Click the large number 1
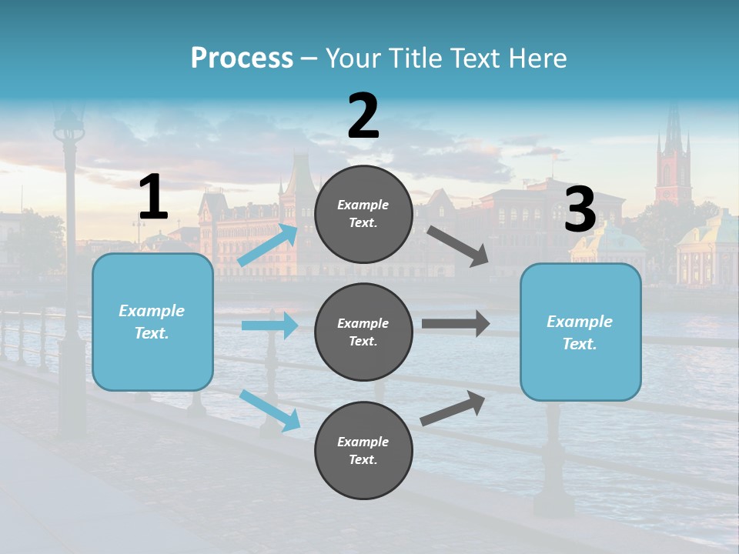coord(153,198)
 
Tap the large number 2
coord(363,116)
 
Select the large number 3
coord(580,210)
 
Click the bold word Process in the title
coord(242,58)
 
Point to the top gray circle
coord(363,214)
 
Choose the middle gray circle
coord(363,332)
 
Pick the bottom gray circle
coord(363,450)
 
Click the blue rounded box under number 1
coord(152,322)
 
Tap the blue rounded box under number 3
coord(580,332)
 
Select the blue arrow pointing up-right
coord(269,245)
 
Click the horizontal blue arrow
coord(269,325)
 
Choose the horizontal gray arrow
coord(455,324)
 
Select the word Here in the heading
coord(537,58)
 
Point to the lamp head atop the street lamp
coord(69,123)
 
